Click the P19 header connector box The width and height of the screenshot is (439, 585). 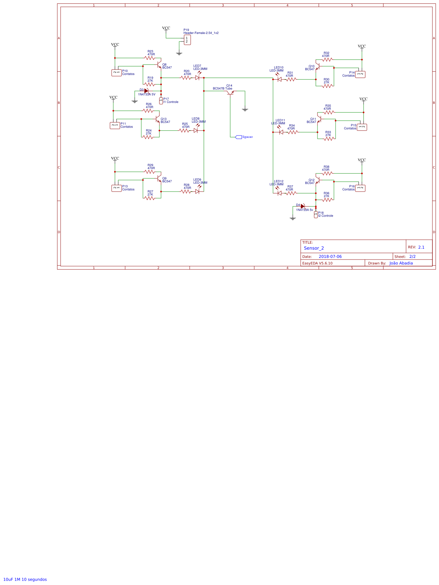click(187, 40)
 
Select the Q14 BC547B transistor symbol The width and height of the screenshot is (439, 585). click(230, 93)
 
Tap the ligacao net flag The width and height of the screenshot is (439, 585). click(239, 137)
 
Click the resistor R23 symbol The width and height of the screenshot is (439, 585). click(150, 58)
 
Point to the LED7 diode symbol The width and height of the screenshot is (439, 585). click(197, 77)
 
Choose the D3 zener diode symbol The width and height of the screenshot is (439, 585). click(146, 91)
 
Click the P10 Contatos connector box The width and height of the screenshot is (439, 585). click(116, 73)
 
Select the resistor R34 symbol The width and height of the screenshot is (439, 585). click(292, 132)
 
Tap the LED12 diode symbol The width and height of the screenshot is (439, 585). click(279, 193)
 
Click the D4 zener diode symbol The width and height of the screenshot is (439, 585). click(303, 206)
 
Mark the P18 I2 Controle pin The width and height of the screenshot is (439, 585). click(316, 215)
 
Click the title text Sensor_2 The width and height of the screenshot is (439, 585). click(314, 248)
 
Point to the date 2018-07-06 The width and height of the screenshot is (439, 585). click(330, 257)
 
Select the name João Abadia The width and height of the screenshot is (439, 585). click(401, 263)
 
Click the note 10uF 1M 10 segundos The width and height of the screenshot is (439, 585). click(25, 579)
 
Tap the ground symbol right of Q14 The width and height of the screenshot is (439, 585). click(245, 109)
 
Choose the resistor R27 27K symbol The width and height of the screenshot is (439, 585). click(150, 198)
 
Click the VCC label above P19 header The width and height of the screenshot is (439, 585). click(166, 28)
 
